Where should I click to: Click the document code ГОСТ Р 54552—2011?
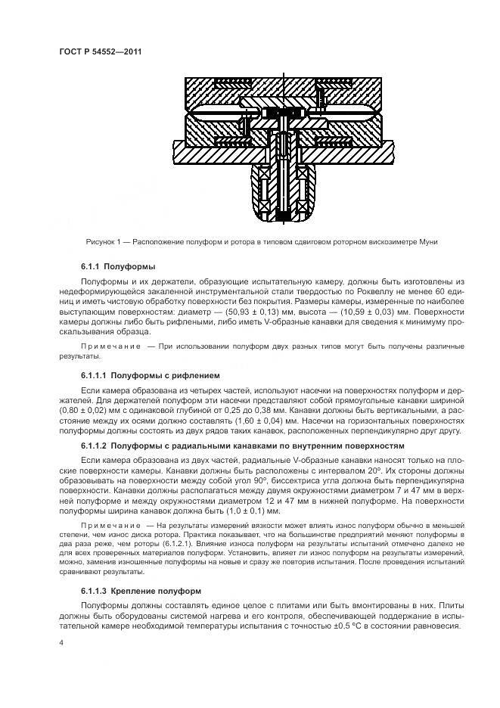pos(101,51)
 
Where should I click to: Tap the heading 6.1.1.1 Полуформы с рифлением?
pos(150,375)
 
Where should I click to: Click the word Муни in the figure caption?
pos(428,242)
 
